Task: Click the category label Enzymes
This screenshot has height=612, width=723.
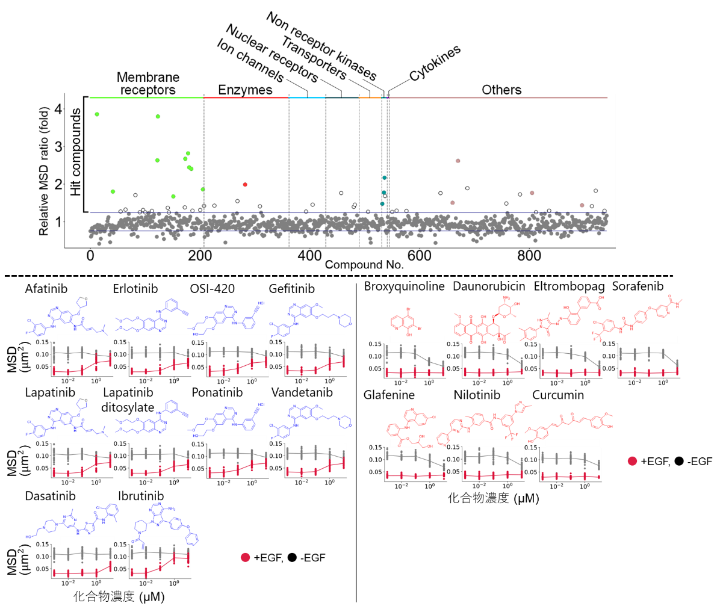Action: point(245,90)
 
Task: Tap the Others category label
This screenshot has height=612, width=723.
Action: point(501,90)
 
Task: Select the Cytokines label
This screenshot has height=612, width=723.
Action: point(435,63)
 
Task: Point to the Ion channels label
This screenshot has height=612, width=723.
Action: point(250,61)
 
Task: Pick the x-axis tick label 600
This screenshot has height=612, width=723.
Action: point(419,255)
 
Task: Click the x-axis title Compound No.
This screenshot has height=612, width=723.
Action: point(364,265)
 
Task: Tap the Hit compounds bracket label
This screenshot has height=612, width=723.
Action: point(76,152)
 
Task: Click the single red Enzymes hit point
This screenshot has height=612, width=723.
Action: point(245,184)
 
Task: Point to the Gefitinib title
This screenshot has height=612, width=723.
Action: point(292,289)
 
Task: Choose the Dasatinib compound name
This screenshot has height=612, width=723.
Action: point(51,496)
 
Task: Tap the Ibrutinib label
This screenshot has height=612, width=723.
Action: point(141,496)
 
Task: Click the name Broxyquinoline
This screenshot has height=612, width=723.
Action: point(404,286)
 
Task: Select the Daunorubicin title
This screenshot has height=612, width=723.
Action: point(489,286)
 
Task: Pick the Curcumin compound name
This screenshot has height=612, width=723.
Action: point(558,395)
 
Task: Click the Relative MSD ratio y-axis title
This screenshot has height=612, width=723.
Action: point(44,172)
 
